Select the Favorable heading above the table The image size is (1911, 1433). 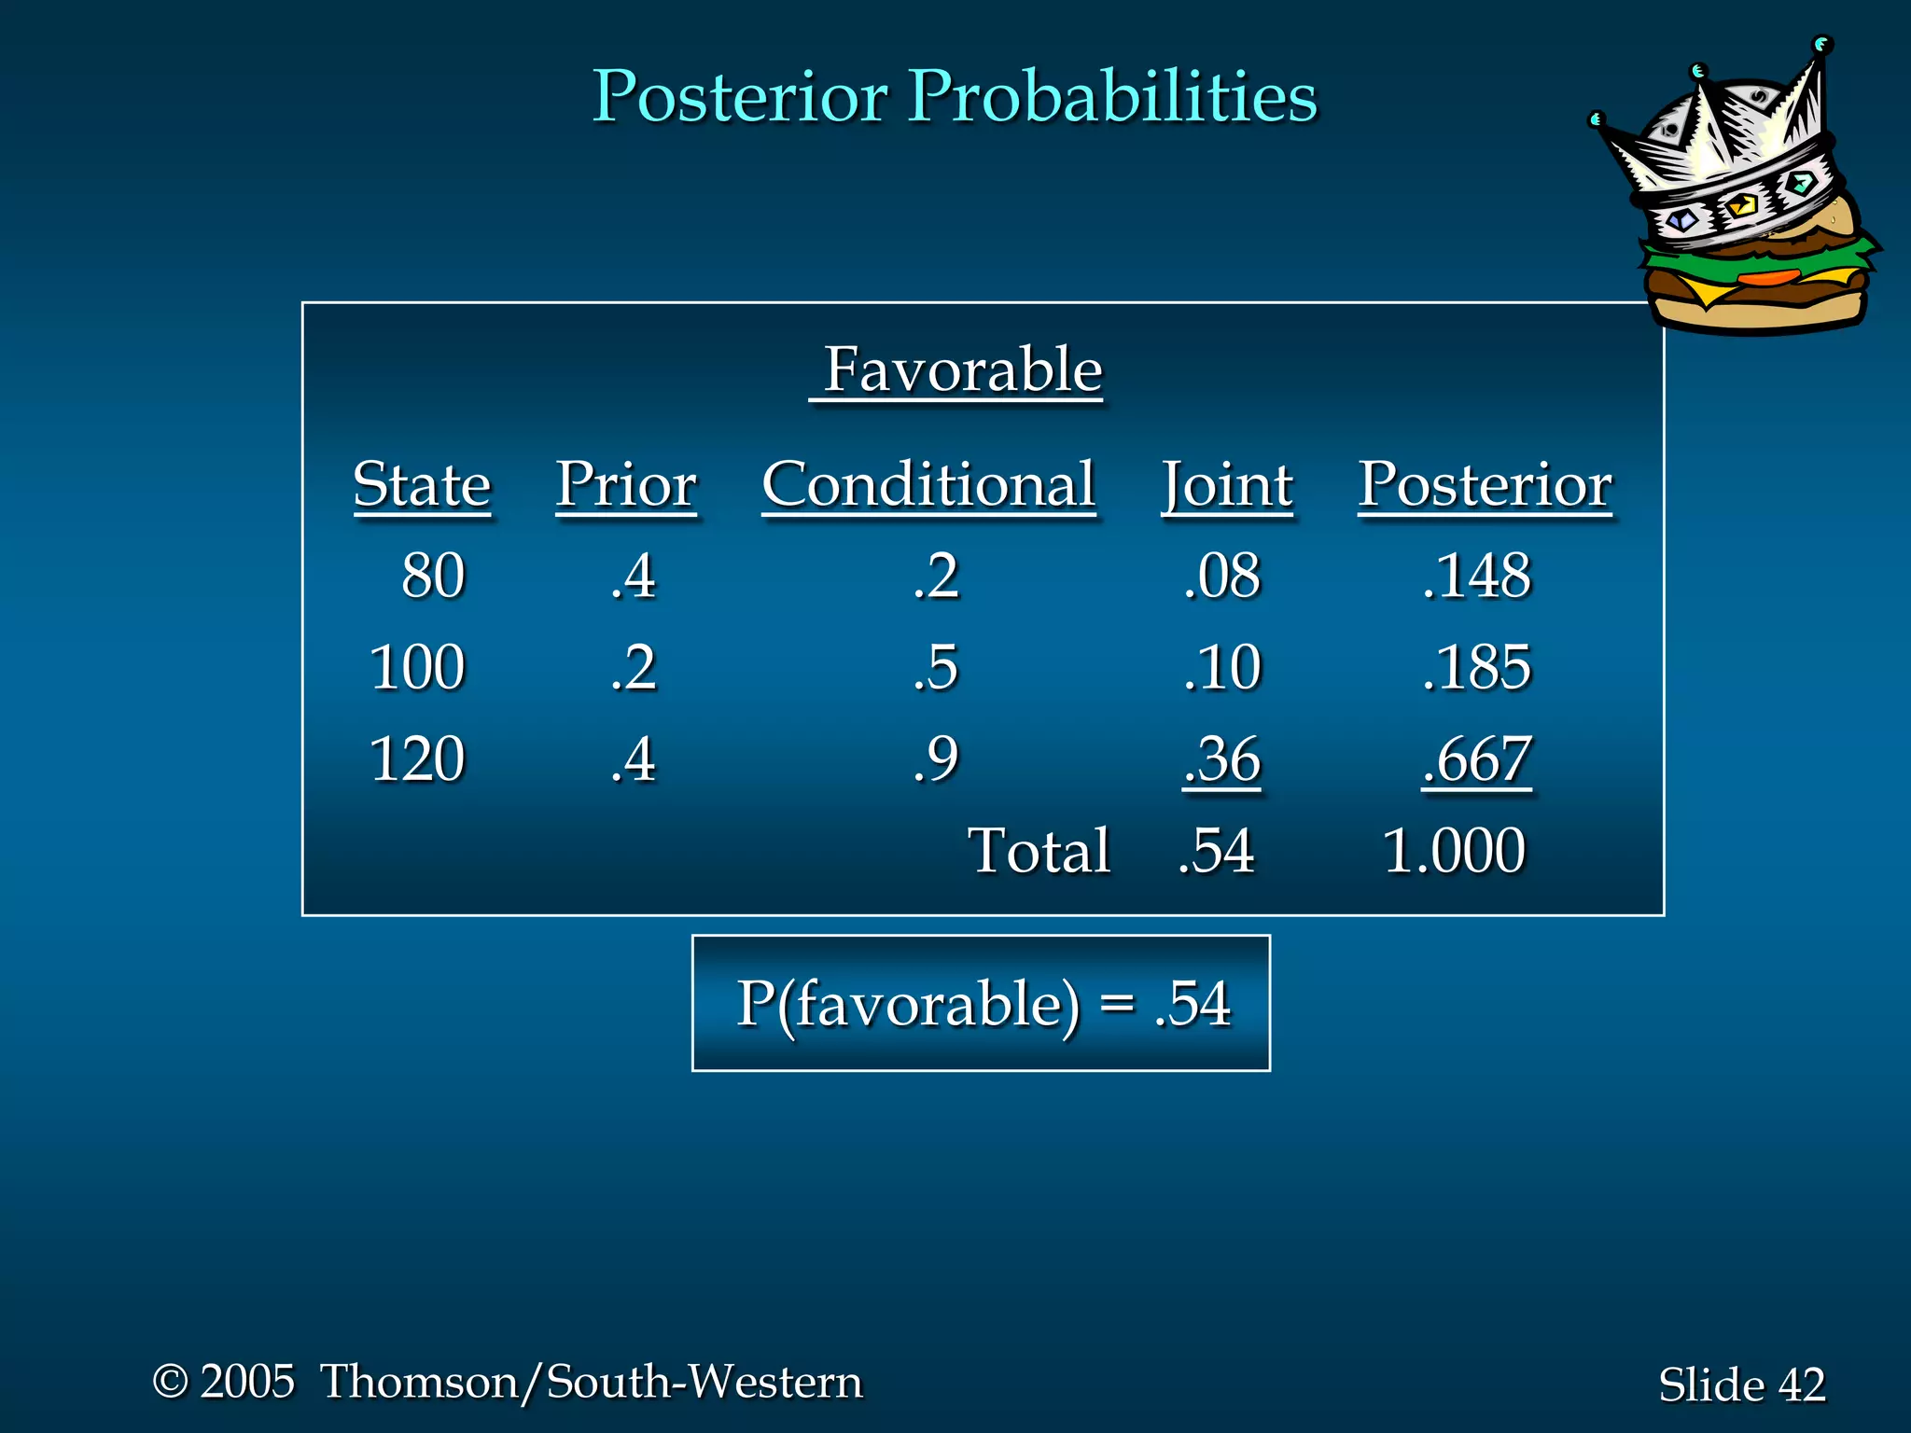pyautogui.click(x=961, y=369)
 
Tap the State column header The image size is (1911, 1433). pyautogui.click(x=422, y=484)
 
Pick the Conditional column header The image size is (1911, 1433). pyautogui.click(x=928, y=484)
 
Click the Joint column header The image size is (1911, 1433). pyautogui.click(x=1226, y=486)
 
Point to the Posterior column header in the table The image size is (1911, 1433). pyautogui.click(x=1484, y=484)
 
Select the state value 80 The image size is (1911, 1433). pyautogui.click(x=433, y=575)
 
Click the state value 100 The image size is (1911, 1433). pyautogui.click(x=417, y=667)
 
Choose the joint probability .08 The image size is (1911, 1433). pyautogui.click(x=1221, y=575)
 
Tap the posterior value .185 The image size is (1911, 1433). pyautogui.click(x=1476, y=667)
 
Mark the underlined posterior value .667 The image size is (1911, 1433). pyautogui.click(x=1476, y=758)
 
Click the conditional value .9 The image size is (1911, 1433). pyautogui.click(x=936, y=758)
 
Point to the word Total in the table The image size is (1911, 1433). pyautogui.click(x=1039, y=850)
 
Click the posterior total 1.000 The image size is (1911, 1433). pyautogui.click(x=1453, y=850)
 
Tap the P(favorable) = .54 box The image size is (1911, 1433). pyautogui.click(x=981, y=1003)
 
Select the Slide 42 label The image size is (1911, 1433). pyautogui.click(x=1741, y=1384)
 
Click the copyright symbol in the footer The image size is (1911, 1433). pyautogui.click(x=171, y=1381)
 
